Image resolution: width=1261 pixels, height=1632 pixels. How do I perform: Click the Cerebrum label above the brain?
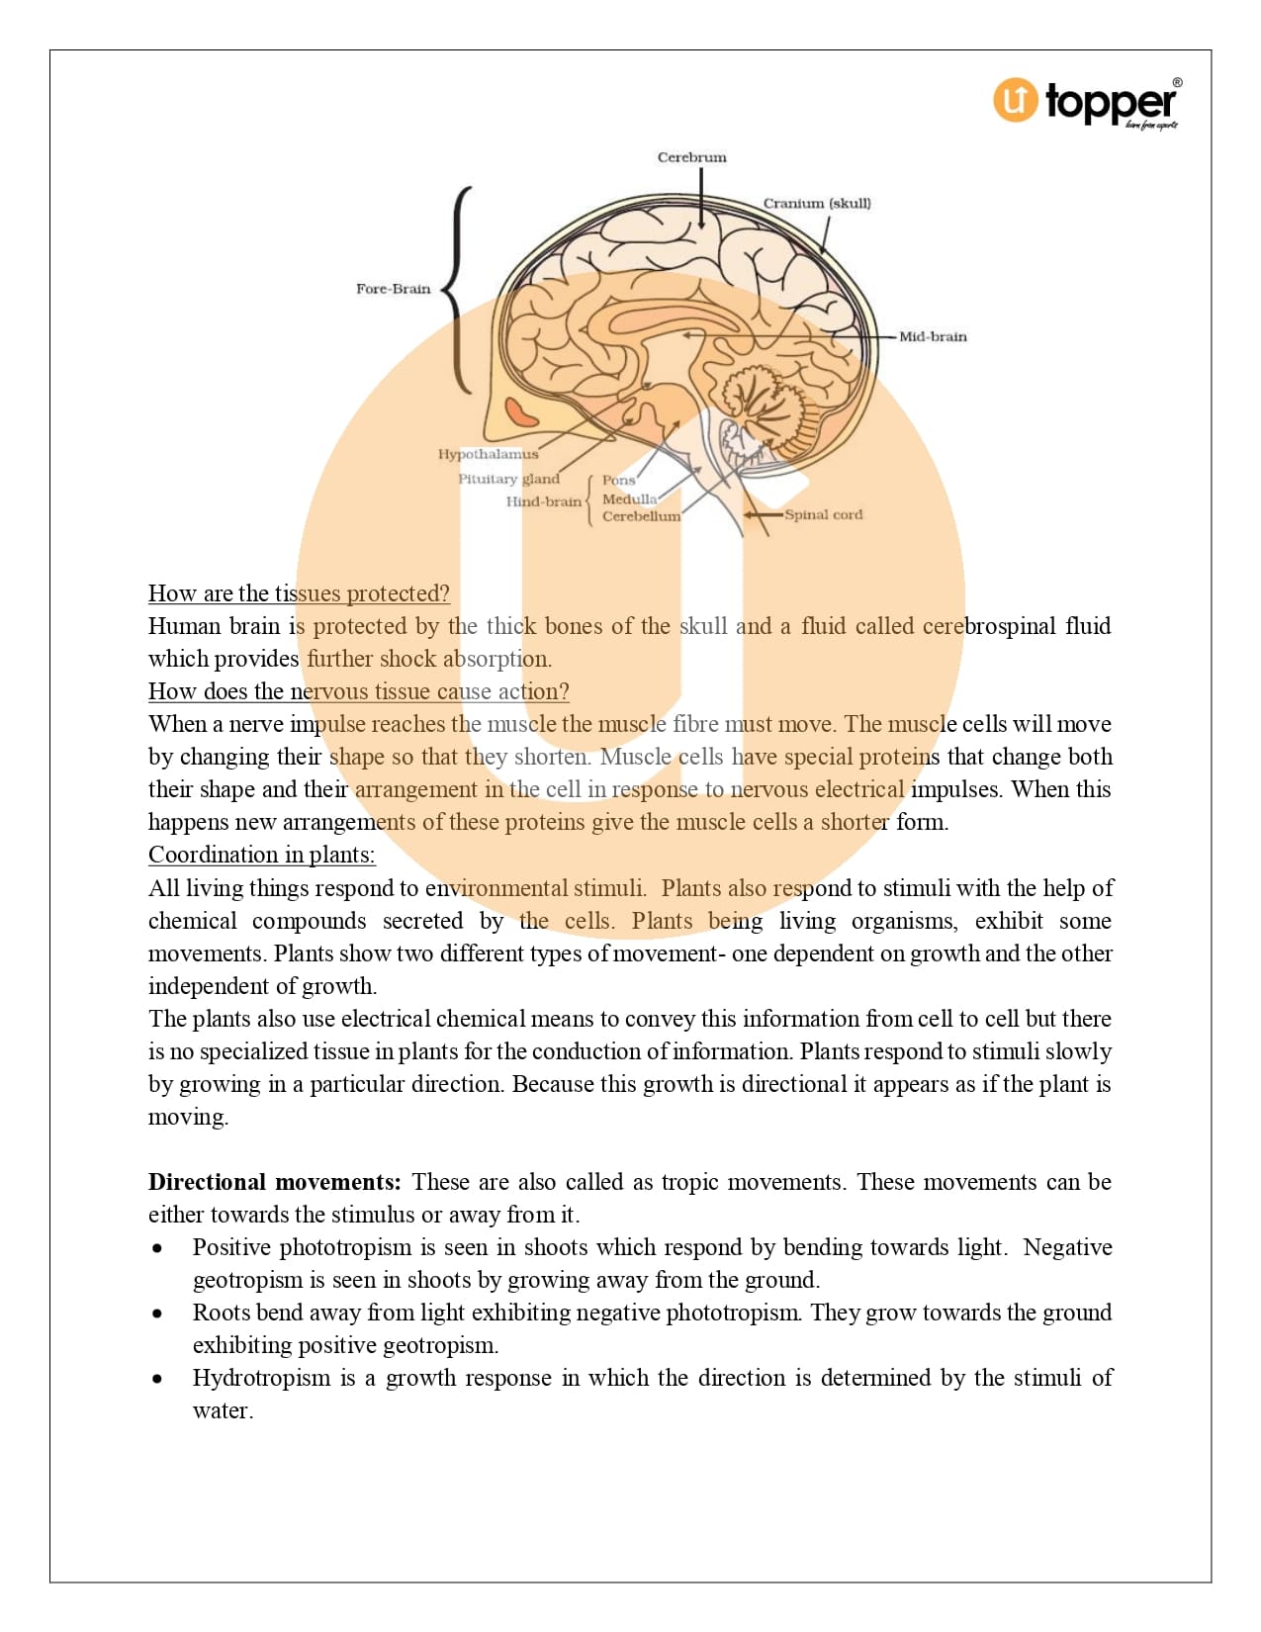tap(691, 157)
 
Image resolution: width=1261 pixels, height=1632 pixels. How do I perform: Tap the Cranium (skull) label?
tap(816, 204)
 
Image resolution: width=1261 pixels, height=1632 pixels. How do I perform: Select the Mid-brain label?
tap(932, 336)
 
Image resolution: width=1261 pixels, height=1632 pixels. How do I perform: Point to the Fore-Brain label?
tap(393, 289)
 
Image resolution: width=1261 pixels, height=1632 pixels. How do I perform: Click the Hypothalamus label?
tap(488, 454)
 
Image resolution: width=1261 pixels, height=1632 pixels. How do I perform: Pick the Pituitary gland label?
tap(508, 479)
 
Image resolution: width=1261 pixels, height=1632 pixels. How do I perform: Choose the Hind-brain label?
tap(543, 501)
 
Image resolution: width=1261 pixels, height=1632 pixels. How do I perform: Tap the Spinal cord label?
tap(823, 514)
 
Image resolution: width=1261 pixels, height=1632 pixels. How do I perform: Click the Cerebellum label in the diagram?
tap(641, 516)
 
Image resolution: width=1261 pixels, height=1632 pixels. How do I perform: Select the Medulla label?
tap(629, 499)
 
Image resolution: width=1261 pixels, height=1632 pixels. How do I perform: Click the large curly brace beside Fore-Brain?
tap(457, 289)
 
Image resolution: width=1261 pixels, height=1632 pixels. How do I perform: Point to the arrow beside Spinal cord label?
tap(762, 514)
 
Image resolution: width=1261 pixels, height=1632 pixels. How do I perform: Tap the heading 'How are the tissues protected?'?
tap(299, 593)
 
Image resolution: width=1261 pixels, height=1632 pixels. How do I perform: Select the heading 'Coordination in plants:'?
tap(261, 855)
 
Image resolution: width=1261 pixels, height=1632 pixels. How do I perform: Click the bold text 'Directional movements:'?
tap(274, 1182)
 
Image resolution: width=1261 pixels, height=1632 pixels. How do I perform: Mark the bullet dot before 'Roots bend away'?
tap(157, 1314)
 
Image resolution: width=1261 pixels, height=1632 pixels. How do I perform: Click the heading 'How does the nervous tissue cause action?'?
tap(358, 691)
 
